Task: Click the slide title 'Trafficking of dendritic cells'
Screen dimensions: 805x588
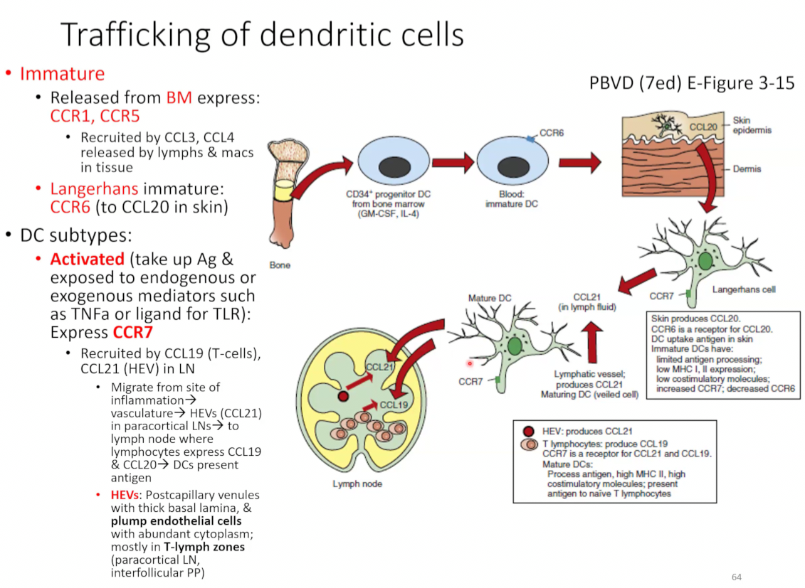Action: click(263, 35)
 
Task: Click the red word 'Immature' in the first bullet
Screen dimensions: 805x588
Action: click(62, 74)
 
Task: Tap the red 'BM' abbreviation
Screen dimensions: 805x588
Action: click(179, 97)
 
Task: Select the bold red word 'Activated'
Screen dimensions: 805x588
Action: click(88, 259)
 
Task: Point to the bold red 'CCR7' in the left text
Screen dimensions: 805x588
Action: click(133, 332)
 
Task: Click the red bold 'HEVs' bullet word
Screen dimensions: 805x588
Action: click(125, 495)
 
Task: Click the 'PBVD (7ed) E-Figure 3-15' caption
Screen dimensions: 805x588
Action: click(692, 83)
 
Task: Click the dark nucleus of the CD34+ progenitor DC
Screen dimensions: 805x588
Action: click(395, 166)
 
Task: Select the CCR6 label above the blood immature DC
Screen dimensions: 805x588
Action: click(552, 133)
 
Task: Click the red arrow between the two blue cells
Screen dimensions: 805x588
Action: click(453, 163)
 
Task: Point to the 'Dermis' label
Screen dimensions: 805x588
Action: click(747, 169)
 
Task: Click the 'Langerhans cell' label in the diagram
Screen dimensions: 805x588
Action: click(744, 289)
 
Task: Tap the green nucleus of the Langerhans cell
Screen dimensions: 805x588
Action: click(705, 261)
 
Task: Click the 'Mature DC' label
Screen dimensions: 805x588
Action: click(489, 298)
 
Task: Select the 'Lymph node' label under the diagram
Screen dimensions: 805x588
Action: click(357, 483)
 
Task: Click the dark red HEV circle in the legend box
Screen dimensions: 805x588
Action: click(528, 431)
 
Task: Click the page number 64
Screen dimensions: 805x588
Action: click(736, 577)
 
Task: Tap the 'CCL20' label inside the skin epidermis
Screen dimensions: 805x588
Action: click(703, 127)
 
